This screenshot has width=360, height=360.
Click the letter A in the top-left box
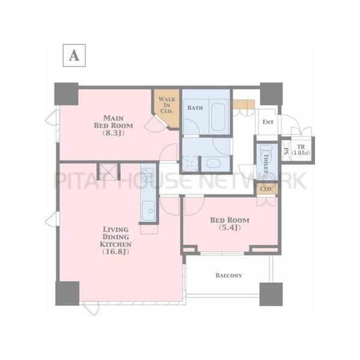(74, 56)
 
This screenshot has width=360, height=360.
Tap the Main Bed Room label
(113, 122)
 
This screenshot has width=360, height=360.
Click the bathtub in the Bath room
(218, 117)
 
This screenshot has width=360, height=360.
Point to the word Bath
(195, 107)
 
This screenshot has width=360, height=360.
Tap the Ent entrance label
(268, 122)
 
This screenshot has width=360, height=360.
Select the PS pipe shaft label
(286, 151)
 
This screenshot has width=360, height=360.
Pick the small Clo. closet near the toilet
(266, 189)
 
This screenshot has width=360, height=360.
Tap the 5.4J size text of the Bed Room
(230, 228)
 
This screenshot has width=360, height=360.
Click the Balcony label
(229, 275)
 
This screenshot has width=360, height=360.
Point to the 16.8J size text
(115, 252)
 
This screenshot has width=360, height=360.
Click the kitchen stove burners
(147, 175)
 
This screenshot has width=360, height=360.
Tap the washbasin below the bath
(213, 163)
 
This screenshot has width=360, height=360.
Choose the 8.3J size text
(113, 133)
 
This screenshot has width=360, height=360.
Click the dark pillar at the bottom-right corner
(271, 294)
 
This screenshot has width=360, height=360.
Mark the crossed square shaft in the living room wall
(108, 172)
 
